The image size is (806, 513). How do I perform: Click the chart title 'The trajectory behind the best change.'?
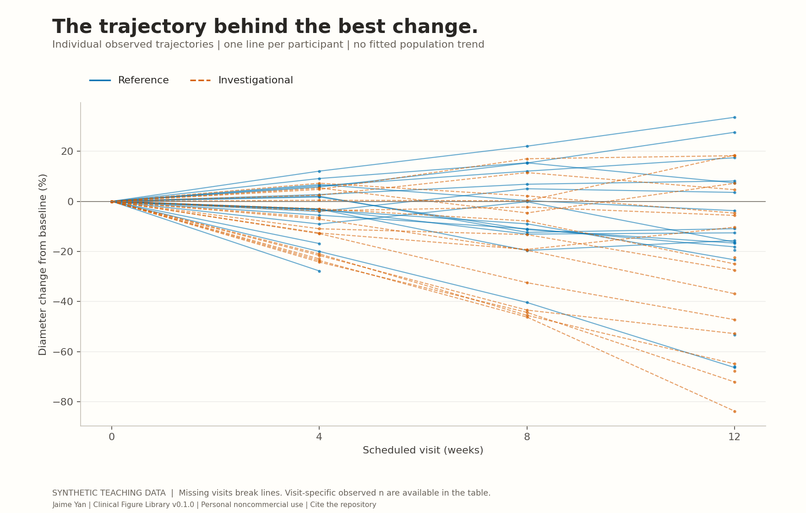click(265, 27)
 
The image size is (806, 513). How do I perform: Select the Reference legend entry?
click(129, 80)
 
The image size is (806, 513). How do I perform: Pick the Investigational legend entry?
click(241, 80)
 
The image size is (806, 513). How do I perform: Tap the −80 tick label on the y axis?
click(63, 402)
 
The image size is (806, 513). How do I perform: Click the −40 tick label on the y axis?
click(63, 301)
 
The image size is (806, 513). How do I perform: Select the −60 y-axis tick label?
click(63, 352)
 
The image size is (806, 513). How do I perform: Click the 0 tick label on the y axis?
click(70, 202)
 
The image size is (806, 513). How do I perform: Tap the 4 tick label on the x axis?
click(319, 437)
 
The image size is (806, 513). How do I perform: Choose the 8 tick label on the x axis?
click(527, 437)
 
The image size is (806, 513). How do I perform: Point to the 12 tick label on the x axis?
click(735, 437)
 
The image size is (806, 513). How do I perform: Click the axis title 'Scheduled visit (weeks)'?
click(423, 450)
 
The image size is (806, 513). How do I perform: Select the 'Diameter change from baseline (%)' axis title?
click(43, 264)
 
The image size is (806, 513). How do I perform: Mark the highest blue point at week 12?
click(735, 117)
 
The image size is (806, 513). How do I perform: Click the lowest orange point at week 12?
click(735, 411)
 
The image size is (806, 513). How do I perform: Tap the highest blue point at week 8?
click(527, 146)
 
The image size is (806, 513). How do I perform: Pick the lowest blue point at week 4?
click(319, 271)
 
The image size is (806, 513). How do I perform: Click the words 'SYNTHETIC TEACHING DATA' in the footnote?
click(109, 493)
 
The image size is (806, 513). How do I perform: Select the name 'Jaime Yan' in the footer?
click(69, 505)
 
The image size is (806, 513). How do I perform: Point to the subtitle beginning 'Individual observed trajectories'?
click(268, 44)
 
